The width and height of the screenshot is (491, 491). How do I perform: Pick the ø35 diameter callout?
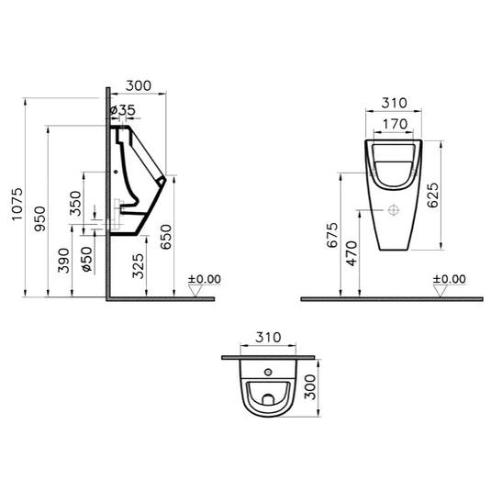[124, 110]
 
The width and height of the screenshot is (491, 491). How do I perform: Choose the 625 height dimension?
[445, 194]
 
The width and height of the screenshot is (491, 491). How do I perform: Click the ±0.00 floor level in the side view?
[204, 278]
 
